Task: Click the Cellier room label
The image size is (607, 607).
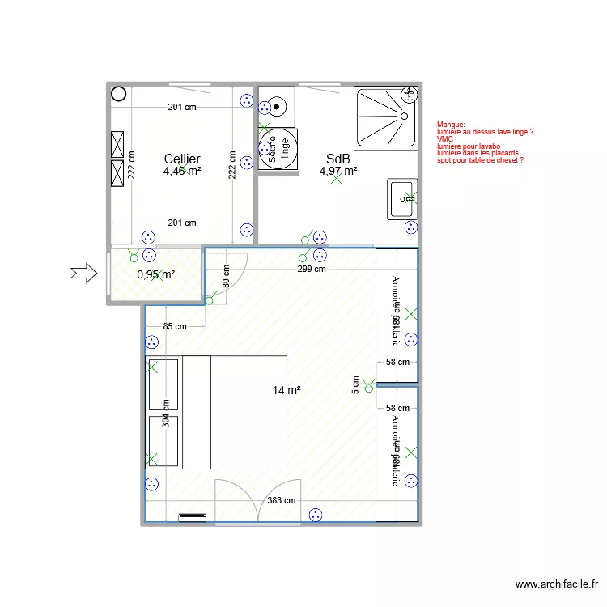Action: (182, 159)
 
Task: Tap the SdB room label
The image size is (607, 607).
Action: (337, 159)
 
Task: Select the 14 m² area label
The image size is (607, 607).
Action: (287, 390)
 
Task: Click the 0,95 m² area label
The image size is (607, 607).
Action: (156, 275)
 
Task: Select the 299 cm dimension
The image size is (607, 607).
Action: (311, 270)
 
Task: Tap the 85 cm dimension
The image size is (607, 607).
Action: (175, 327)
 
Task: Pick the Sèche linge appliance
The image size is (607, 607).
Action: (278, 150)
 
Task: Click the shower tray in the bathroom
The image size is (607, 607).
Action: (386, 117)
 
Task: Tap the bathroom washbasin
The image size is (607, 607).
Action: (402, 199)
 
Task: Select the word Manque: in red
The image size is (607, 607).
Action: (451, 124)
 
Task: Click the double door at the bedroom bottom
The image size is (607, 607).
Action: (258, 502)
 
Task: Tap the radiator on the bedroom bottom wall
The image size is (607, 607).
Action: (193, 518)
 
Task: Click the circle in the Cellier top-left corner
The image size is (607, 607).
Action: (118, 93)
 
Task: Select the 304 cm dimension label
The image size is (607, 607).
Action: (166, 415)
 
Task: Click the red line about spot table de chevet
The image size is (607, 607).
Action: (480, 160)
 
